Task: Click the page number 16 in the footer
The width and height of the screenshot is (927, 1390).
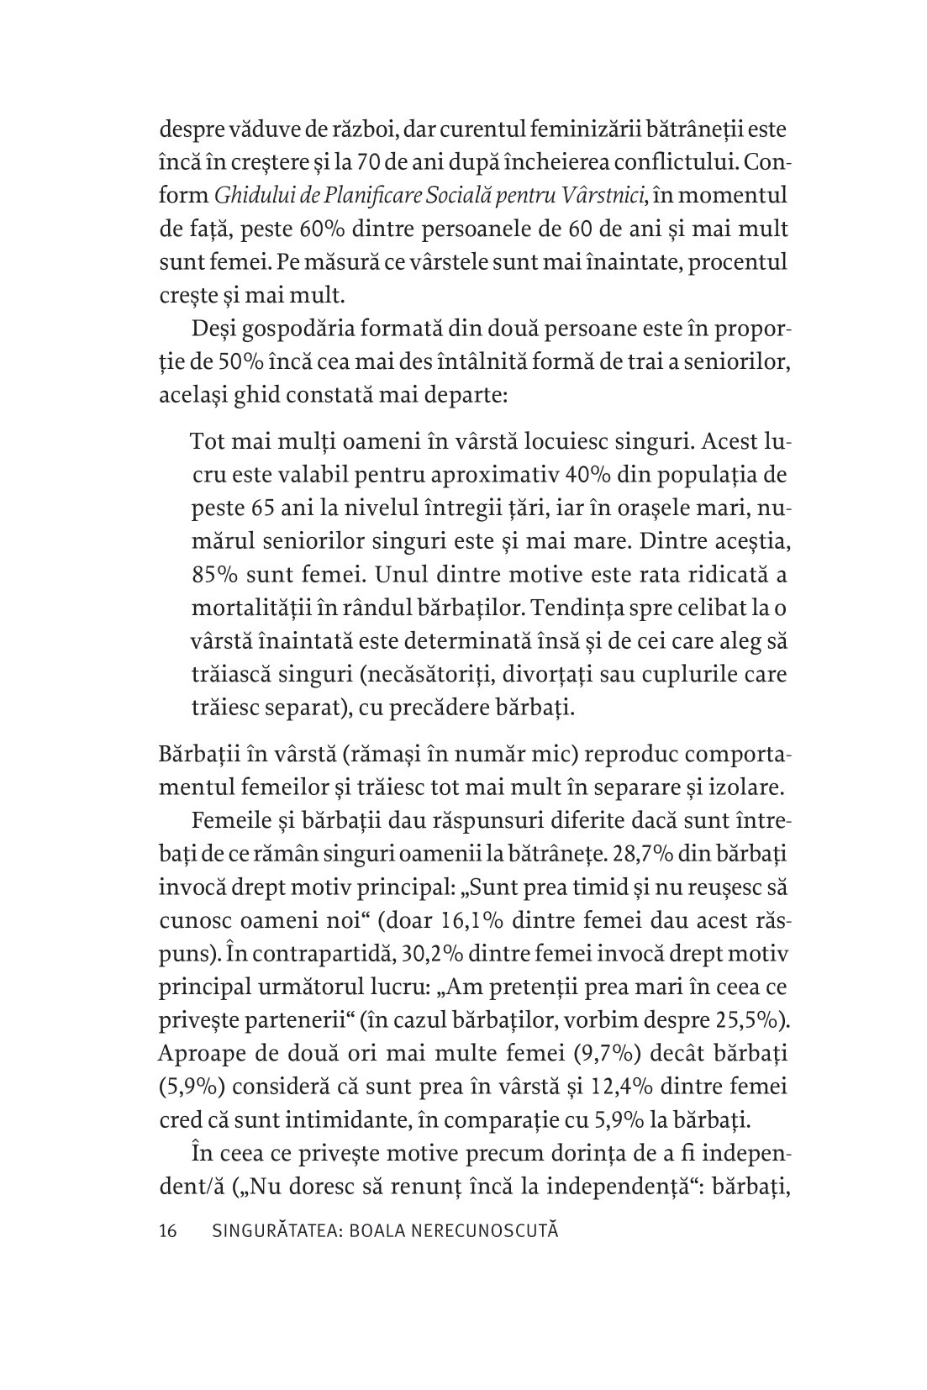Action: (167, 1232)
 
